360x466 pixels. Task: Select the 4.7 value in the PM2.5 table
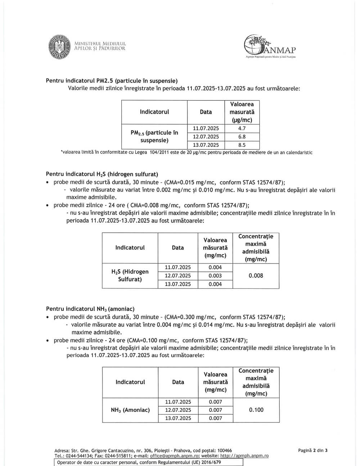[242, 128]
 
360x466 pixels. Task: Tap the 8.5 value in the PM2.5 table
[242, 145]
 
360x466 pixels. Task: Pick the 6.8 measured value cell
[242, 137]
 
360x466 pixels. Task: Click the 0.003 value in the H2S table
[215, 276]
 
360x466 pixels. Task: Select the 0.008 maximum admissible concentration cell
[256, 276]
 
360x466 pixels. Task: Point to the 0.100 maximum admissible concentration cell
[256, 410]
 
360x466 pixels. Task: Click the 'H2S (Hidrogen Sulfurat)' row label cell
[130, 275]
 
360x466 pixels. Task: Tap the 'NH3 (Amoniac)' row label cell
[130, 410]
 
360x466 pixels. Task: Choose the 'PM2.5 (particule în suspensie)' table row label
[154, 136]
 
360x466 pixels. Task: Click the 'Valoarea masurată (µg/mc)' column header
[242, 112]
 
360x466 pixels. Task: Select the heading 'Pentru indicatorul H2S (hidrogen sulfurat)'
[102, 174]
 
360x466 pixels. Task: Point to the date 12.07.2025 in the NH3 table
[178, 410]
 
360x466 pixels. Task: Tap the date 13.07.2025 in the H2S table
[178, 284]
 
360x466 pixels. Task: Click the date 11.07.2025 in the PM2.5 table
[206, 128]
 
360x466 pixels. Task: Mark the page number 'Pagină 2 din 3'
[313, 450]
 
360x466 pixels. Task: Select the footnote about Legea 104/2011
[186, 153]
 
